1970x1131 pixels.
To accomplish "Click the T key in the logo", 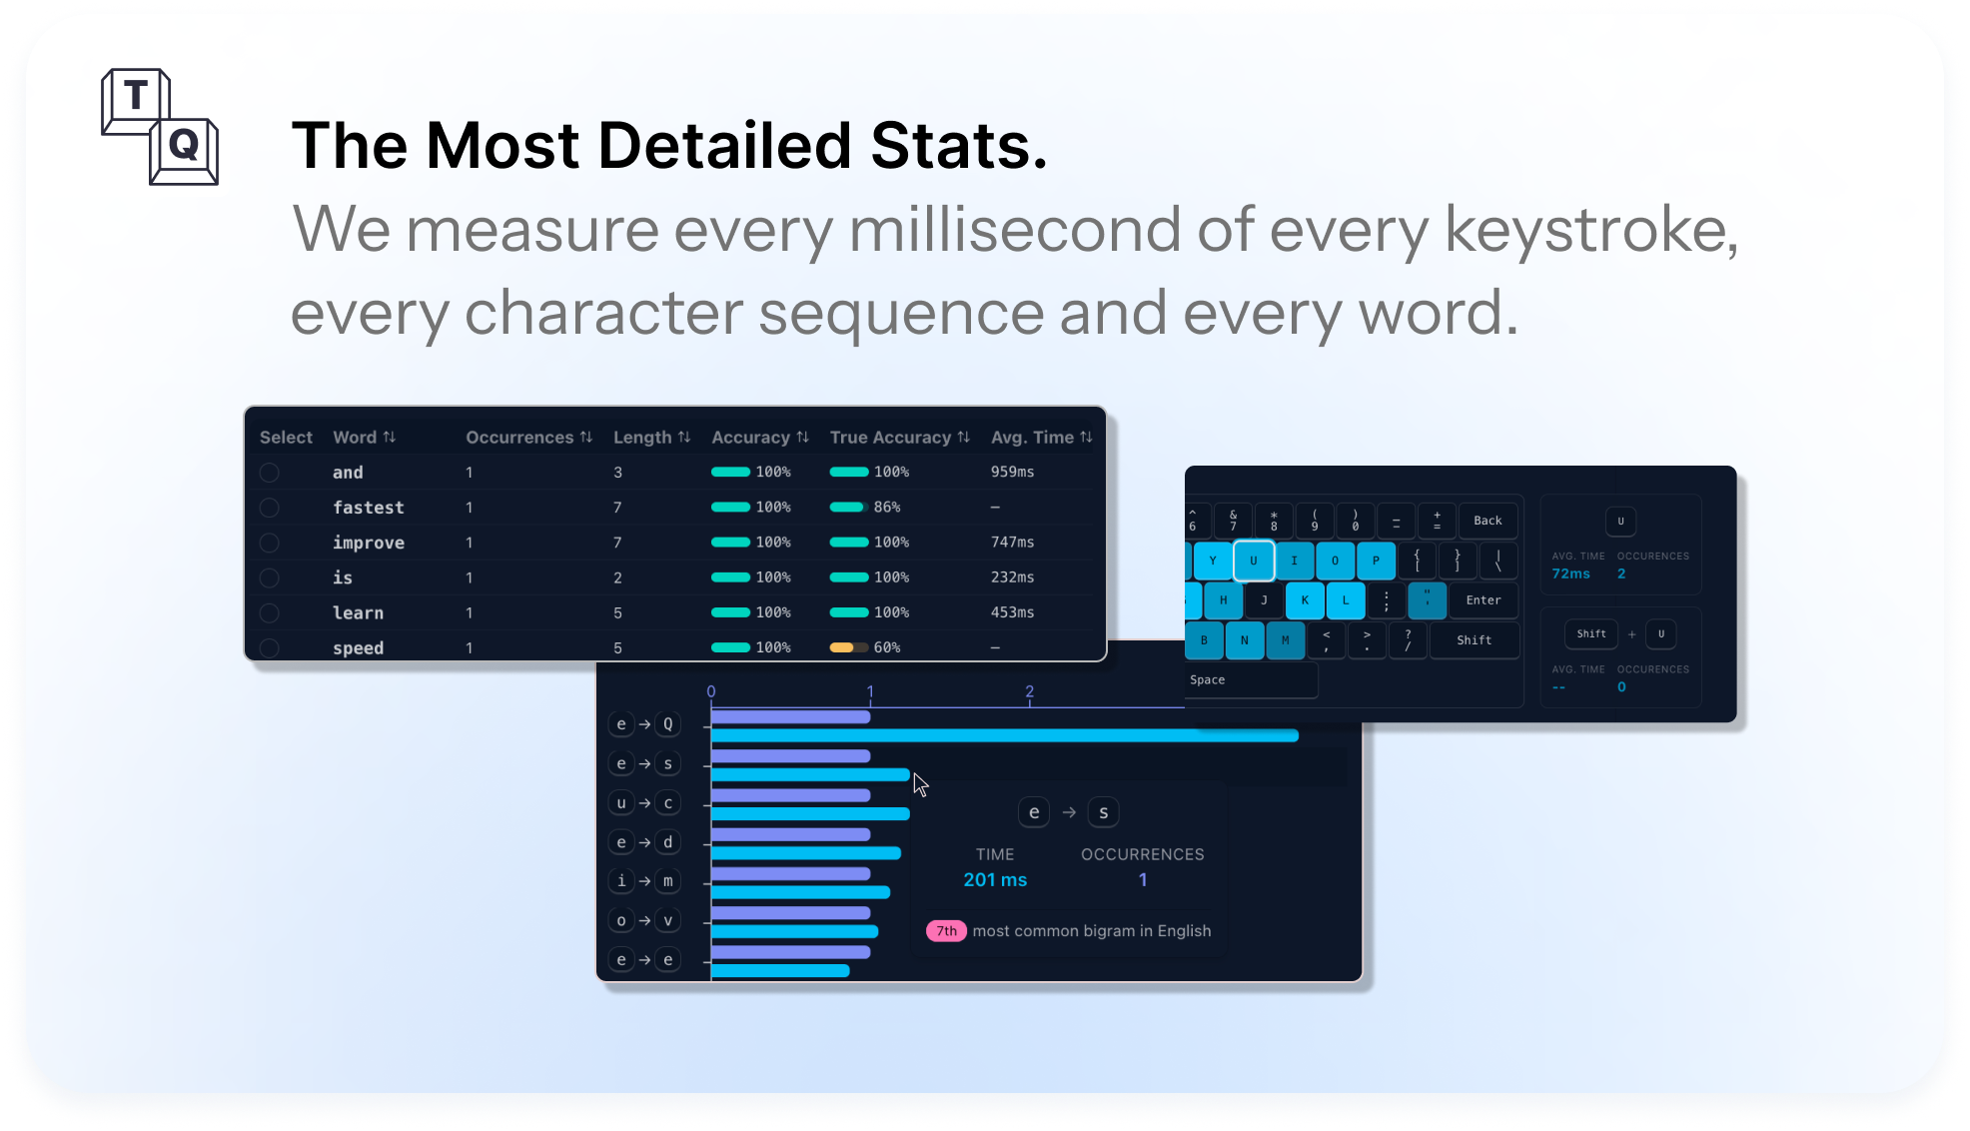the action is [136, 98].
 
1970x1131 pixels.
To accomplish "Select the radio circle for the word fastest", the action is [269, 508].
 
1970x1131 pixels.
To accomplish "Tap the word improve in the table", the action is [369, 543].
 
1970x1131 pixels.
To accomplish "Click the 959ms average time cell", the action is [1012, 472].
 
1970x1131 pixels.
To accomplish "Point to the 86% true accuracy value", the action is [887, 507].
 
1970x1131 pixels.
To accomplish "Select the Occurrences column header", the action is [519, 437].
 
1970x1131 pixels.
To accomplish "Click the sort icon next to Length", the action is [684, 437].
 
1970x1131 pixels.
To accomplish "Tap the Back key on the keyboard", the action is [1487, 521].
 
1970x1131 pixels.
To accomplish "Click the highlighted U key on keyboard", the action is [1254, 561].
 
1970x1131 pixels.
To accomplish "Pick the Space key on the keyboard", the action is [1251, 680].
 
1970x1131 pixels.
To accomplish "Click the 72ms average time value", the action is [1570, 573].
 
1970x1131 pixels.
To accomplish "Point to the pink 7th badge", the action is [946, 931].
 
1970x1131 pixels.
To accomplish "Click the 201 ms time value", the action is [995, 880].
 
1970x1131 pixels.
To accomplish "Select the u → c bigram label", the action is [644, 803].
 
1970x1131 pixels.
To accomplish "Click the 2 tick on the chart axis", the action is [1029, 691].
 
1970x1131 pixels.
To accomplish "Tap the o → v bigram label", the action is [644, 920].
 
